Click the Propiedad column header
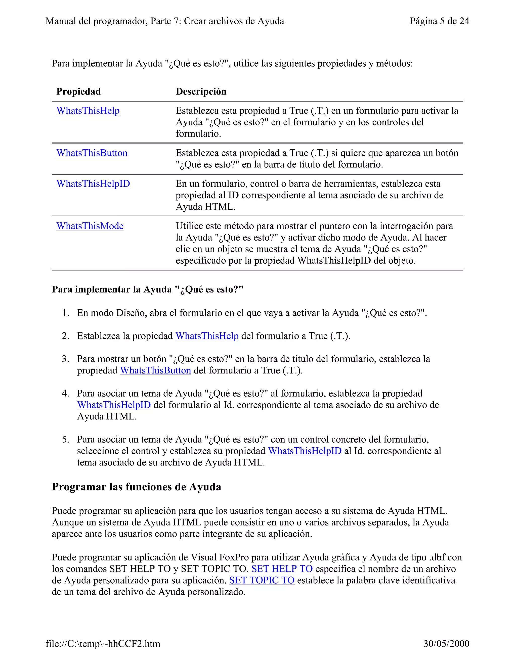(78, 91)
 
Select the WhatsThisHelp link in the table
(88, 111)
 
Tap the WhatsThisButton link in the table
(92, 153)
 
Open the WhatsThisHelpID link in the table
(93, 184)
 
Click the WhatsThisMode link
(90, 226)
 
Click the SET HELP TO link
(282, 569)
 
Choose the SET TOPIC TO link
(262, 581)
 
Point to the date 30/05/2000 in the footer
(446, 644)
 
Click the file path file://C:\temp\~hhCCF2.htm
(103, 644)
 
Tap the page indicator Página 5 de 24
(439, 21)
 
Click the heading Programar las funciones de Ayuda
(136, 487)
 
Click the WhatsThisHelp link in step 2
(207, 336)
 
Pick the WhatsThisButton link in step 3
(155, 370)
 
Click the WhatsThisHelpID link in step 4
(114, 405)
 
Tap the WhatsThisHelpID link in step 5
(305, 451)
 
